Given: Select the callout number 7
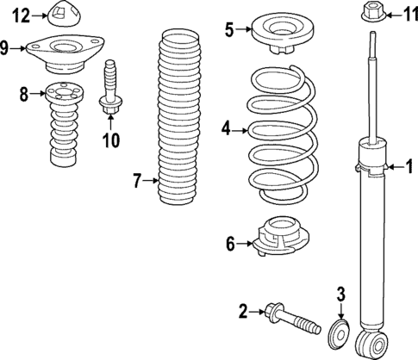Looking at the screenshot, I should click(x=135, y=180).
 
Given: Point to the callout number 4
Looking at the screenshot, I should click(x=226, y=129).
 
